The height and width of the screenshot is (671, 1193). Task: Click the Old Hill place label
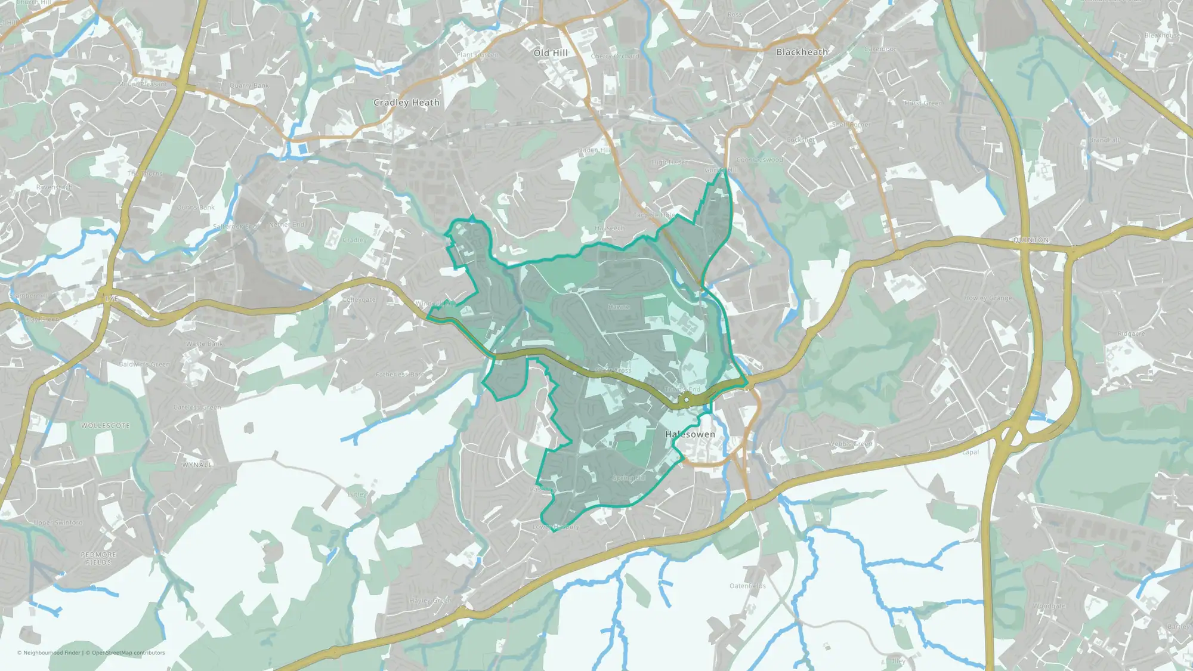point(551,53)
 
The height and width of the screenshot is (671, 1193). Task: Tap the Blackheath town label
point(802,52)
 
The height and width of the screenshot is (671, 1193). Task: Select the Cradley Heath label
point(406,103)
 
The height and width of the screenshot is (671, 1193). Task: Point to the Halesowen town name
point(690,434)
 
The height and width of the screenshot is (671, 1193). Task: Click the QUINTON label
point(1030,240)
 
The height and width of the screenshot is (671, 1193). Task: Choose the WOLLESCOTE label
point(105,426)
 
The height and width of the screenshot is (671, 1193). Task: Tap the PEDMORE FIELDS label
point(98,558)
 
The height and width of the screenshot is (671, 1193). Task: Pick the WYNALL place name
point(197,465)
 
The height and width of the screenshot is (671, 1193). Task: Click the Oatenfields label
point(747,586)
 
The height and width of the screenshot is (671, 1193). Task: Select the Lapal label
point(971,452)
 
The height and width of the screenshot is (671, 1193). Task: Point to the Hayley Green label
point(430,601)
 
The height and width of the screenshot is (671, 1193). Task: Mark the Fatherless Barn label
point(400,375)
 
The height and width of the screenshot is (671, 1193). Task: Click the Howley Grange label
point(988,298)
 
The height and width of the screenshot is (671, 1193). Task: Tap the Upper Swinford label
point(58,522)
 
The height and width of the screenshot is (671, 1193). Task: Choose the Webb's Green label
point(849,444)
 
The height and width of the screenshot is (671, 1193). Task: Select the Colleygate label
point(359,299)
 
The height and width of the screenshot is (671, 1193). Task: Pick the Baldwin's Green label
point(144,364)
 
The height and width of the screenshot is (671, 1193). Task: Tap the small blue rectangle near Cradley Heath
point(302,148)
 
